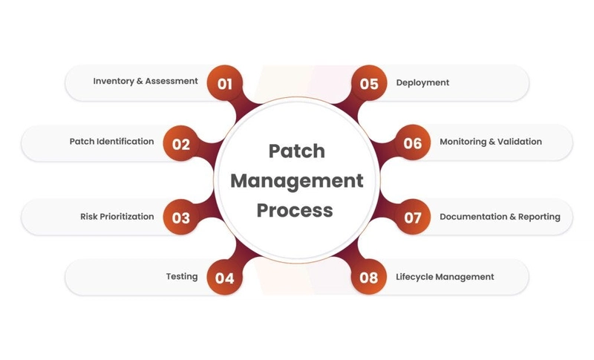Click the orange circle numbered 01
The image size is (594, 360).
[x=225, y=83]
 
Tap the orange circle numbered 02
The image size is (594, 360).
[x=181, y=143]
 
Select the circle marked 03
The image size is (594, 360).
[x=181, y=217]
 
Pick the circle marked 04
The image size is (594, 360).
[x=225, y=278]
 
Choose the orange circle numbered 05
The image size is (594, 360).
[x=369, y=83]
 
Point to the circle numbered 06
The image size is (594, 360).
[x=413, y=143]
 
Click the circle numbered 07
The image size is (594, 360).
[x=413, y=217]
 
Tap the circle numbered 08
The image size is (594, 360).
[x=369, y=277]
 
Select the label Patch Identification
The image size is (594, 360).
[x=112, y=141]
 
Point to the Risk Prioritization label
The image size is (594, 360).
[x=117, y=217]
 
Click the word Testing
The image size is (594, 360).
[x=182, y=277]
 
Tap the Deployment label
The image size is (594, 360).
[x=422, y=83]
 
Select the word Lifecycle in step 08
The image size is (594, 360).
[x=414, y=277]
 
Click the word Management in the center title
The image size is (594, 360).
[x=296, y=181]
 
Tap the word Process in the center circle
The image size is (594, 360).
[x=295, y=210]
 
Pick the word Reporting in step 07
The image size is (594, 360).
[x=539, y=217]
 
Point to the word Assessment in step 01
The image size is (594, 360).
[x=172, y=81]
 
